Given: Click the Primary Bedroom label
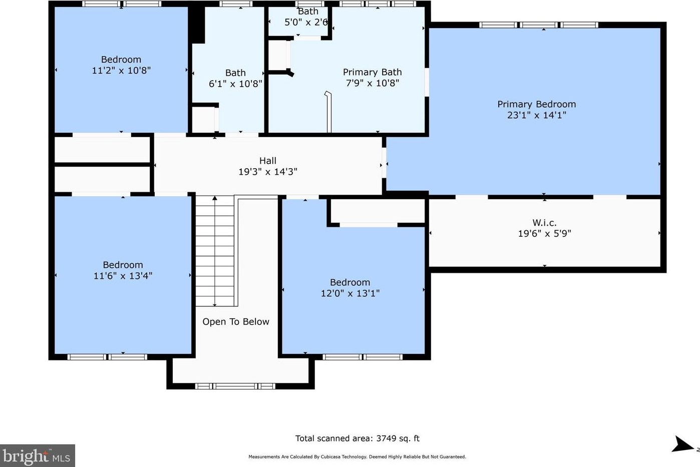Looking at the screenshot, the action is click(x=537, y=104).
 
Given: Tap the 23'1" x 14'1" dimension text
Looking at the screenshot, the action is click(x=537, y=115).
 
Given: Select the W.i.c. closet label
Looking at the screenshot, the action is click(x=544, y=222).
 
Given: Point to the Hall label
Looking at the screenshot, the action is click(x=268, y=161).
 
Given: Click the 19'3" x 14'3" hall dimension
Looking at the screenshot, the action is click(x=268, y=172).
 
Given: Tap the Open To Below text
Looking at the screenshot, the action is click(x=236, y=322).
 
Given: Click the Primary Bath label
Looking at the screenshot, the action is click(x=372, y=72).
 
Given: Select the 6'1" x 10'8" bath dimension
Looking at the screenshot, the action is click(x=235, y=84).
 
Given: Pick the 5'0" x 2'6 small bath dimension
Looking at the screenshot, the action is click(x=306, y=22).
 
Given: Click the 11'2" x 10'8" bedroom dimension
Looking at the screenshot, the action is click(x=121, y=70).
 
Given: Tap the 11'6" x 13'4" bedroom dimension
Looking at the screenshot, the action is click(x=123, y=276).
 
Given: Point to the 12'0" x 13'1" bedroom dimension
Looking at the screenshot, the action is click(x=350, y=293).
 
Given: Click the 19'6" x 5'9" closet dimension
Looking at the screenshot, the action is click(x=544, y=233).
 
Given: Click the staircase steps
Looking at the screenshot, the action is click(x=215, y=251).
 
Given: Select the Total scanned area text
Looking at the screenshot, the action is click(x=358, y=438).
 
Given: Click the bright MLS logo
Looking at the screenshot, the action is click(x=37, y=455).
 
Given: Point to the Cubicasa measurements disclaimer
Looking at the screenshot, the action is click(x=357, y=456).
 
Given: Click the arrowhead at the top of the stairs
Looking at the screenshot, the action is click(x=215, y=198).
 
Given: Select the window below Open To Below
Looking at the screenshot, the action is click(x=235, y=386).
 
